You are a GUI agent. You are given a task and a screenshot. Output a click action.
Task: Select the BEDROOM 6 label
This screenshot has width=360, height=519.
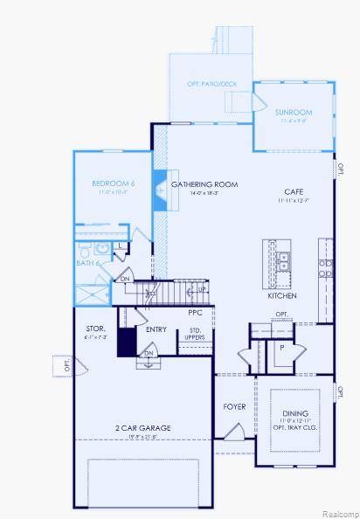pyautogui.click(x=114, y=183)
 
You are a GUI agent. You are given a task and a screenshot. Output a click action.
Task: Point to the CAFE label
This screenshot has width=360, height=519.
pyautogui.click(x=293, y=191)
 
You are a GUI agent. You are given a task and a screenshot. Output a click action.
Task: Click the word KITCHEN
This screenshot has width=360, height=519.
pyautogui.click(x=282, y=295)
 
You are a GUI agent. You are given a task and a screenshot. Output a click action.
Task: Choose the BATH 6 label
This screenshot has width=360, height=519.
pyautogui.click(x=88, y=262)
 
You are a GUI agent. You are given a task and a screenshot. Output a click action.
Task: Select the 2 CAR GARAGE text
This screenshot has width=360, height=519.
pyautogui.click(x=142, y=427)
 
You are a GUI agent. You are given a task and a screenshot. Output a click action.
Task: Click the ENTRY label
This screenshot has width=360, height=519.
pyautogui.click(x=156, y=329)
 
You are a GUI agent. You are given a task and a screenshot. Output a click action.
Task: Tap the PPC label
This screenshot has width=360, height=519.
pyautogui.click(x=196, y=312)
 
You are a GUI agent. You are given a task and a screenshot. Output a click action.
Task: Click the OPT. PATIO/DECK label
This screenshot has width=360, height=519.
pyautogui.click(x=211, y=84)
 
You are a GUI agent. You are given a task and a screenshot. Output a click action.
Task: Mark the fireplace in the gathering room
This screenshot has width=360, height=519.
pyautogui.click(x=161, y=190)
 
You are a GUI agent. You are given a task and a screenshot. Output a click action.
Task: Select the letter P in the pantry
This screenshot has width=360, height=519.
pyautogui.click(x=281, y=347)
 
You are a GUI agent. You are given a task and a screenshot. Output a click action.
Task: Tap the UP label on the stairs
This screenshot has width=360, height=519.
pyautogui.click(x=202, y=289)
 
